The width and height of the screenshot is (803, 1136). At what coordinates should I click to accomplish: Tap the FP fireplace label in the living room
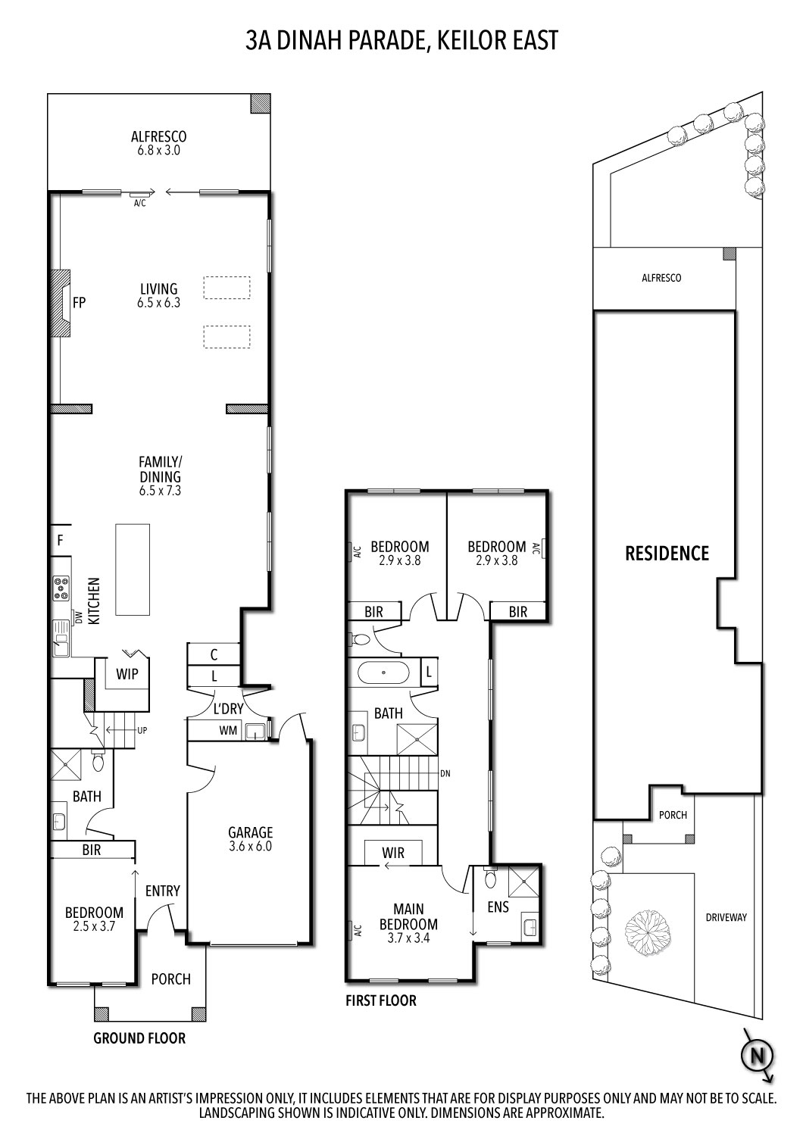(x=79, y=303)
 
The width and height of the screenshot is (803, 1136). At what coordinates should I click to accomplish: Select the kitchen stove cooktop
(x=61, y=588)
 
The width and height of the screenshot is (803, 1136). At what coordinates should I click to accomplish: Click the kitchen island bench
(x=133, y=570)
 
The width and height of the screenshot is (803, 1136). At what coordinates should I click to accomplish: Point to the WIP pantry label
(x=127, y=674)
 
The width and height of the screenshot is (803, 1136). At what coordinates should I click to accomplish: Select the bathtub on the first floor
(x=384, y=673)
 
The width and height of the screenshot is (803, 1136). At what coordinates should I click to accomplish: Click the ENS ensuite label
(x=498, y=907)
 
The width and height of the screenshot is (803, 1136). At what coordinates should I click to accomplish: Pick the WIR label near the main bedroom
(x=393, y=853)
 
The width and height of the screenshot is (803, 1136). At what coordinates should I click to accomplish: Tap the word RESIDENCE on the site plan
(x=667, y=554)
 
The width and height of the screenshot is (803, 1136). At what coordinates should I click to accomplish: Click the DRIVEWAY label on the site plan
(x=726, y=917)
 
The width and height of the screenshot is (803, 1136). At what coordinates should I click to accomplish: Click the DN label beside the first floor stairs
(x=445, y=774)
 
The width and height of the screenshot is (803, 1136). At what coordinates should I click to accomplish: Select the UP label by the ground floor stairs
(x=142, y=731)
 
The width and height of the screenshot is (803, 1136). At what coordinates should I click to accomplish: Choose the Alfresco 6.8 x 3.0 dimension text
(x=159, y=150)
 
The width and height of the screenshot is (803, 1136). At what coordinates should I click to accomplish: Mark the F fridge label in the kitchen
(x=60, y=541)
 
